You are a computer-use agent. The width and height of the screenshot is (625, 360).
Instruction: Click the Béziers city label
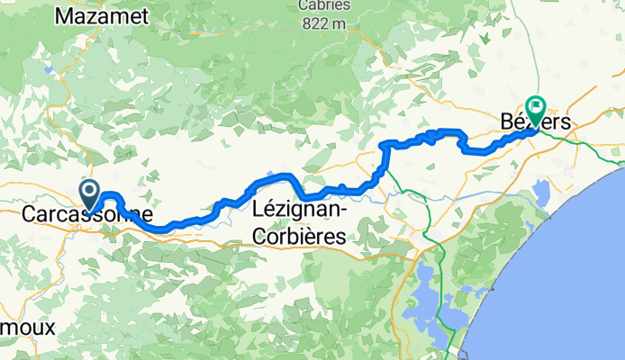click(x=533, y=121)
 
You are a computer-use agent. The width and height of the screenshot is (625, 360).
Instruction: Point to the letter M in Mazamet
click(x=64, y=15)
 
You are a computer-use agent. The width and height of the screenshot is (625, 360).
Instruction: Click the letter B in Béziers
click(x=503, y=121)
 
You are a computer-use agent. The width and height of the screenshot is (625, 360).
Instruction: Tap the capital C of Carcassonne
click(x=28, y=216)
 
